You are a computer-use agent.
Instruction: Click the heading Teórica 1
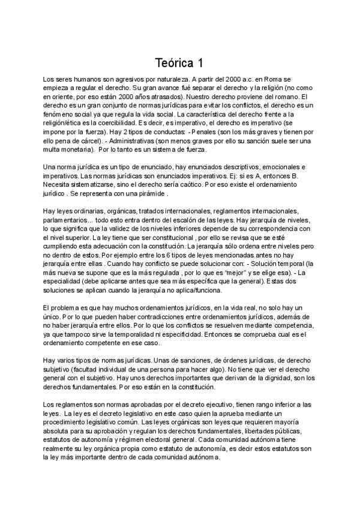(x=179, y=62)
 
